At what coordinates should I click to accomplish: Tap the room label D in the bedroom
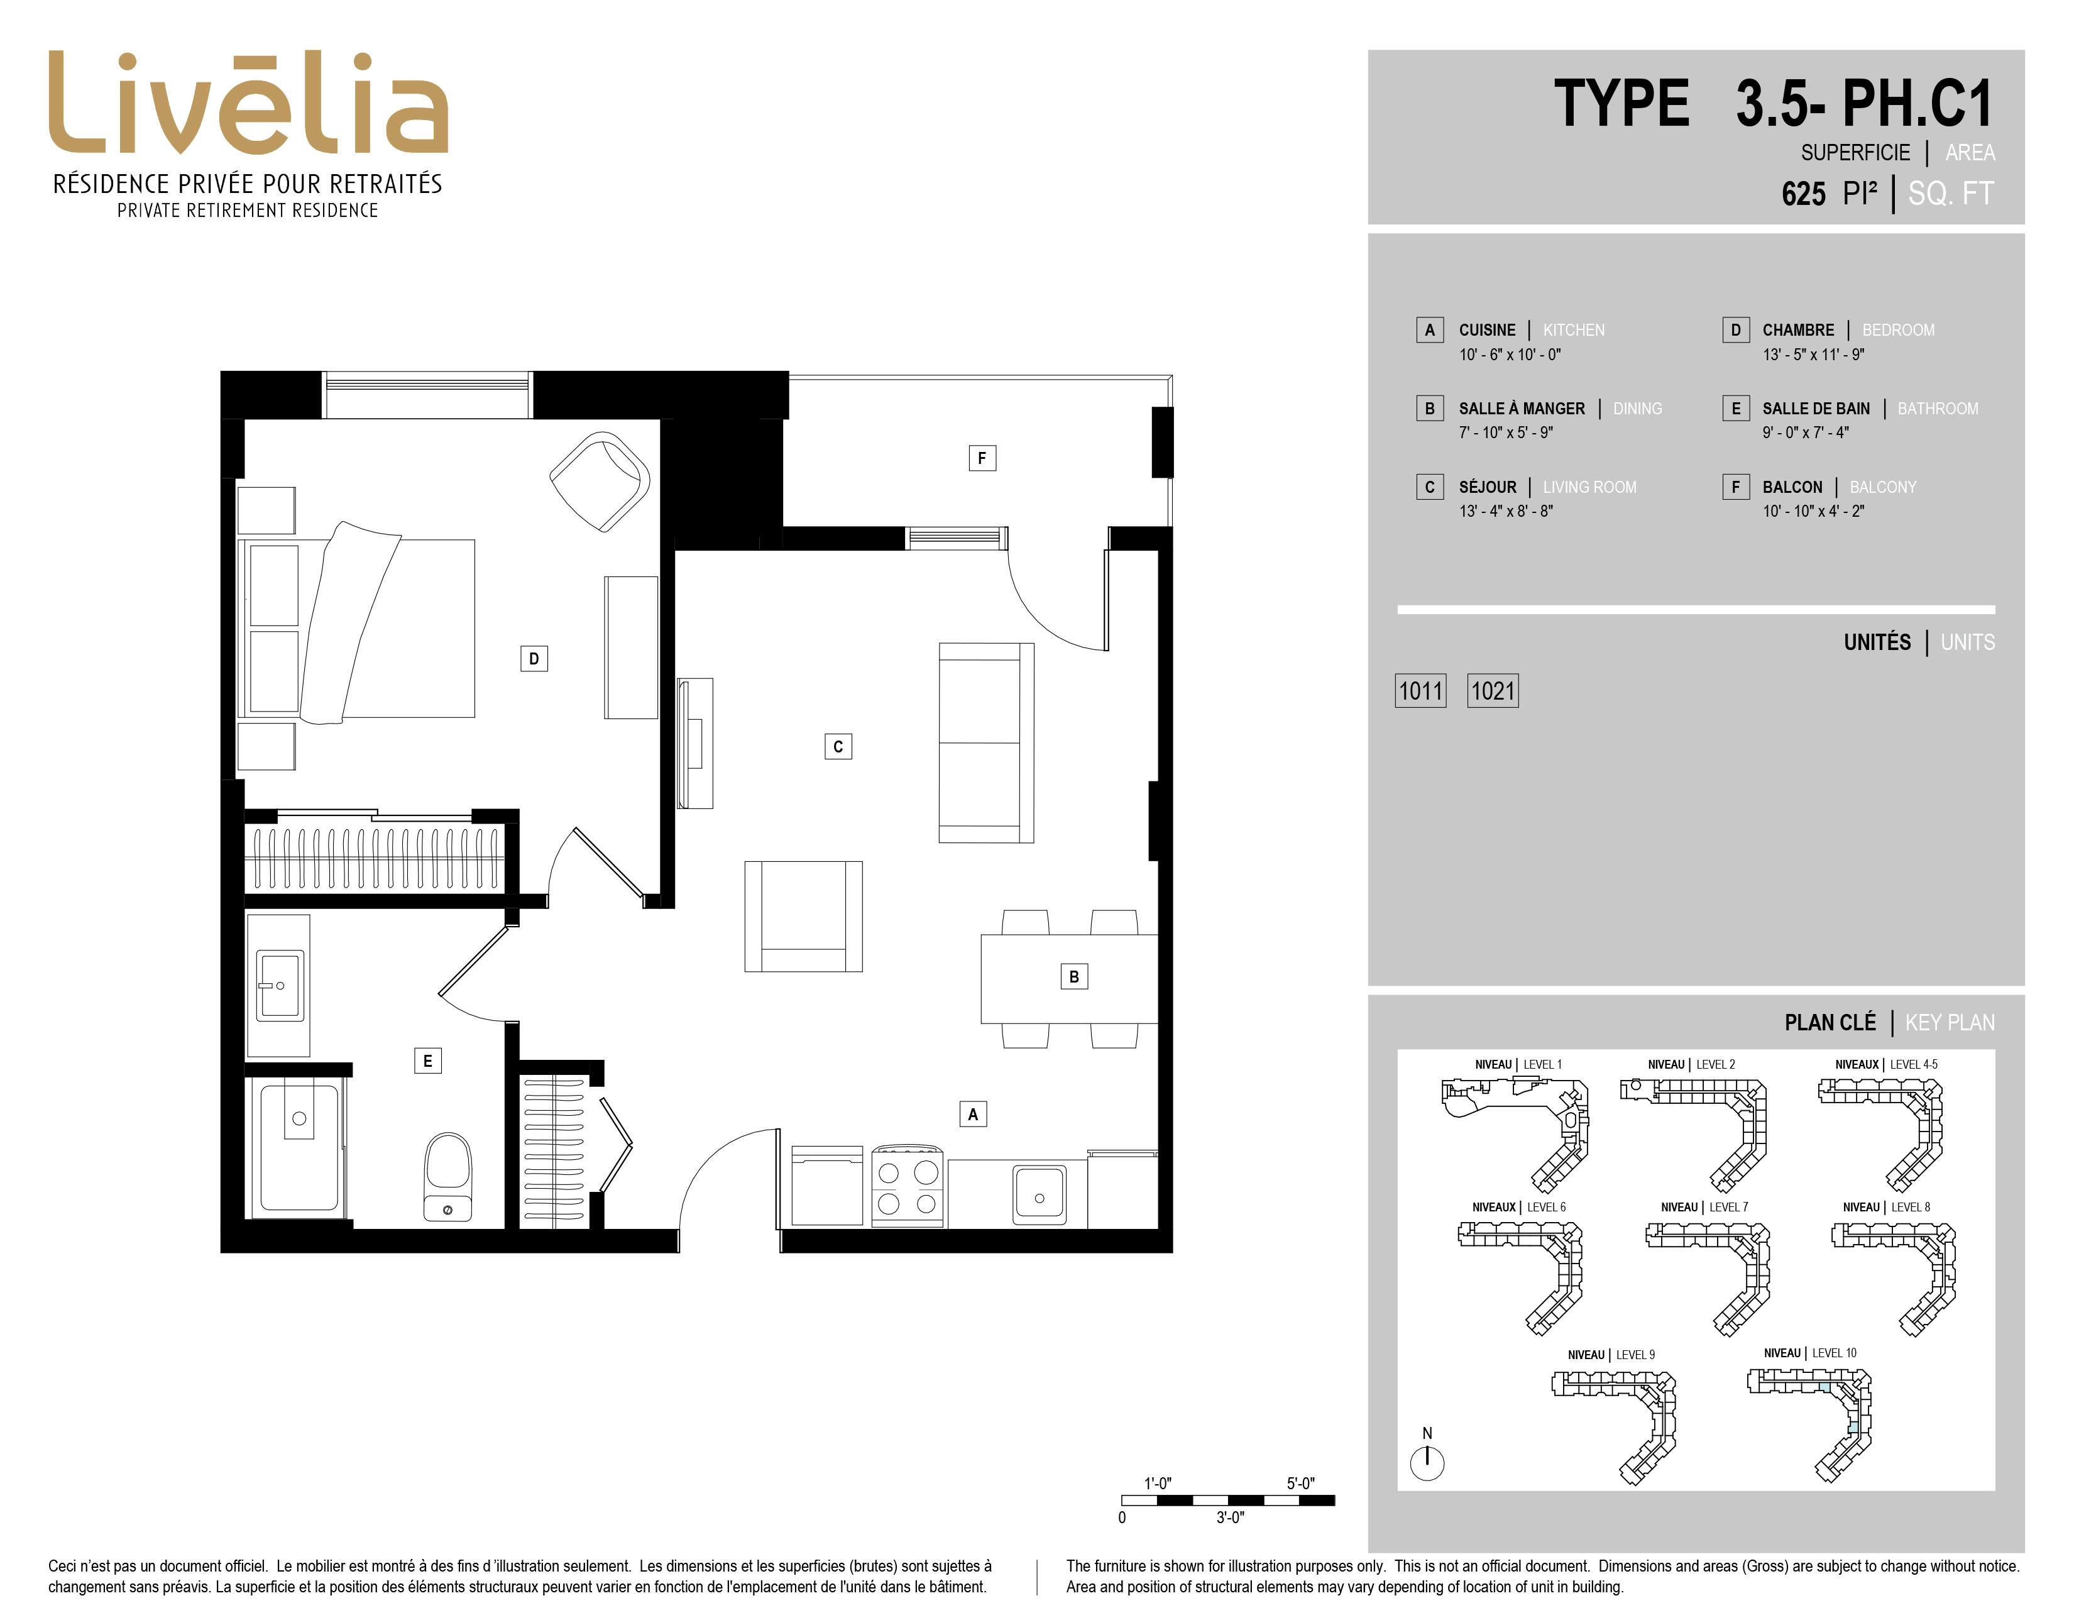534,658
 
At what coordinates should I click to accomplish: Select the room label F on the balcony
982,458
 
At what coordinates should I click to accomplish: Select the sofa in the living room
985,742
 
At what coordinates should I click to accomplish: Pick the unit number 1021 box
1493,690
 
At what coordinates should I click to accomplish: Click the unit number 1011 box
1420,690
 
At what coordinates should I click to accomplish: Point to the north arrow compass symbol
1427,1462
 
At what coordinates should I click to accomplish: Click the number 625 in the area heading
1803,194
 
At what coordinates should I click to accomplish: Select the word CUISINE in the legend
1487,329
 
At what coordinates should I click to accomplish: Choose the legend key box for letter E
1736,409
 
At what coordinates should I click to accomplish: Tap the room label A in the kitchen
972,1114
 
